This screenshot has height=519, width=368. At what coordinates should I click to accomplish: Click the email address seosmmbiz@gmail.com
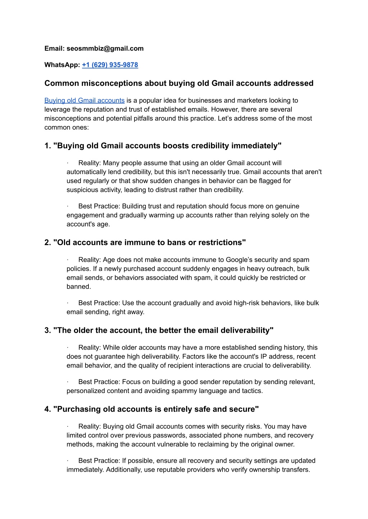tap(105, 48)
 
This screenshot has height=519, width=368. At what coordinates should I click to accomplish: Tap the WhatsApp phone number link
tap(110, 65)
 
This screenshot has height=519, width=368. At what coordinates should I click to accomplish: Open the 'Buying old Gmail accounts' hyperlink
tap(84, 100)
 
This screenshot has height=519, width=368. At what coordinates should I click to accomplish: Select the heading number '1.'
tap(48, 146)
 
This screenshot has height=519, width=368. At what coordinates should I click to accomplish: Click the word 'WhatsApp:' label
tap(62, 65)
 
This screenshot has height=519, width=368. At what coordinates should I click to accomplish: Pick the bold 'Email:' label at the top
tap(55, 48)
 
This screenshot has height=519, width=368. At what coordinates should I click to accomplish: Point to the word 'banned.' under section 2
tap(79, 287)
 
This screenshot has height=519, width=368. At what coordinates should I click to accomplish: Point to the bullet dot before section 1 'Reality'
tap(68, 163)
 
